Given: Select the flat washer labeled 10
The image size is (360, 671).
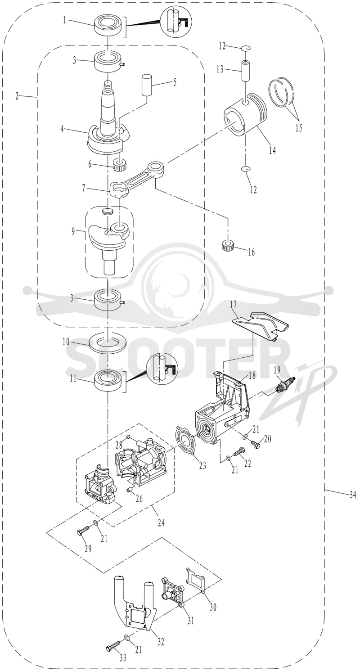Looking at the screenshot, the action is (108, 342).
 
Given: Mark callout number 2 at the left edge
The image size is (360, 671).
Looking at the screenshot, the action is (17, 96).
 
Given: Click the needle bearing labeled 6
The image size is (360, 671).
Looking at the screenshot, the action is (121, 165).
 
